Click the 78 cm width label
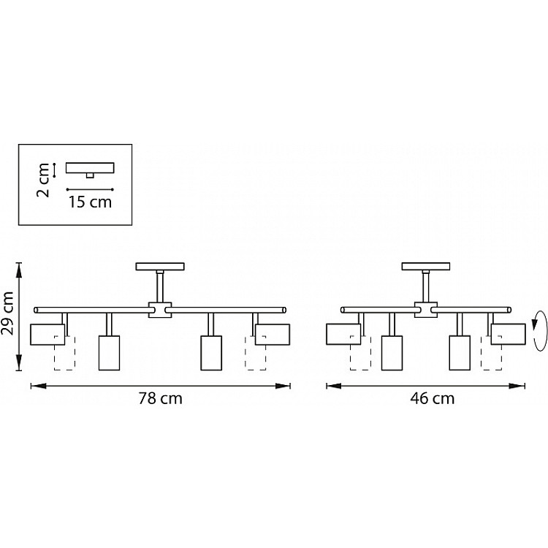click(x=161, y=399)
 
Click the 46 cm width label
click(x=433, y=399)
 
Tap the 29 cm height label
click(x=8, y=313)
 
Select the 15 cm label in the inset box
click(x=90, y=202)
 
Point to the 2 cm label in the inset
click(x=43, y=180)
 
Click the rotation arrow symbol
click(x=539, y=330)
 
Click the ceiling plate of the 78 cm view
click(x=160, y=267)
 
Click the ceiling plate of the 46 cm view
click(x=426, y=267)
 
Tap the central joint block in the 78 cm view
click(x=160, y=310)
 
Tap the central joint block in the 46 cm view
click(x=426, y=310)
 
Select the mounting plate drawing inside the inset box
click(x=90, y=169)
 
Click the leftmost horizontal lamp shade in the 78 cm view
click(x=47, y=335)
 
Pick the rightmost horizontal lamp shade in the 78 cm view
click(x=273, y=335)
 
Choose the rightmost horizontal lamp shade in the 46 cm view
click(x=508, y=335)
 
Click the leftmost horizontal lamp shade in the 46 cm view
click(x=343, y=335)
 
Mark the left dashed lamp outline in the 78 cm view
click(x=64, y=353)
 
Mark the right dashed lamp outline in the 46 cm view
click(x=492, y=353)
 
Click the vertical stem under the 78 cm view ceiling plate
click(x=160, y=287)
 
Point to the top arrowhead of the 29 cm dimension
click(x=19, y=270)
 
